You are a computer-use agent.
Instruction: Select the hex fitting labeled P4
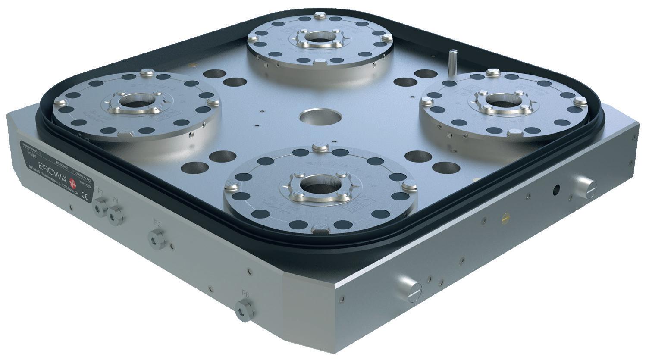pos(115,213)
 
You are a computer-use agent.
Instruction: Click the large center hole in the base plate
pos(320,117)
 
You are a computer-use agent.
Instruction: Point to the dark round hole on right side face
pos(557,189)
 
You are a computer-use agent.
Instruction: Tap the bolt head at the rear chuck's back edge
pos(319,16)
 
